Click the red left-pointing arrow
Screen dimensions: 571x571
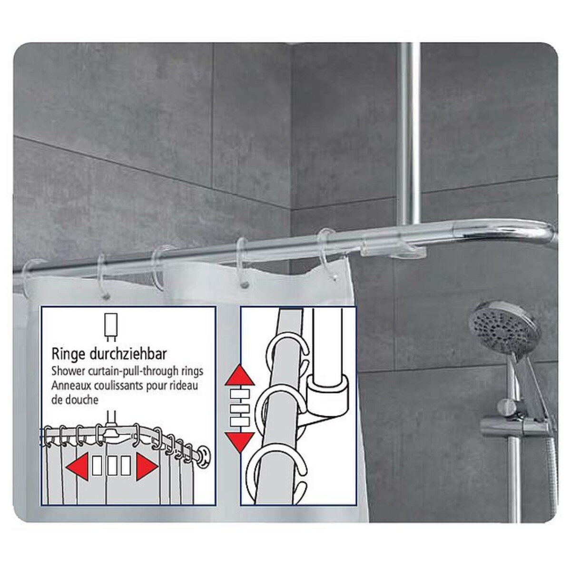click(77, 468)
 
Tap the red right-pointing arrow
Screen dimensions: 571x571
click(147, 468)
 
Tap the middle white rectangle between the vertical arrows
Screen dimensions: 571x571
click(239, 409)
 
